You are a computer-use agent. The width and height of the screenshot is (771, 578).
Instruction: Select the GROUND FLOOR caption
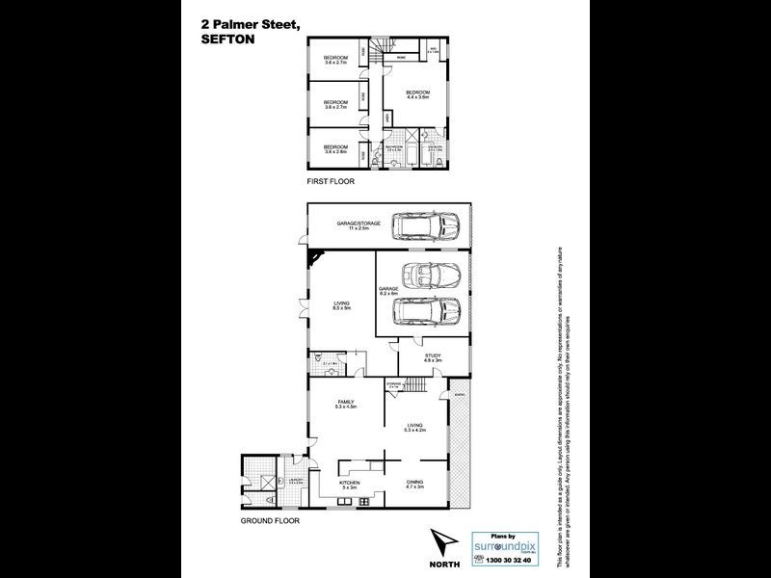[x=271, y=521]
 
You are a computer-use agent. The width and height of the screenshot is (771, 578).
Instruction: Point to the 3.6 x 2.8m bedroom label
[x=335, y=149]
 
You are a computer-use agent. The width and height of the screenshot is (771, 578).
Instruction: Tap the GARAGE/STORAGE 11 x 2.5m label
[x=359, y=225]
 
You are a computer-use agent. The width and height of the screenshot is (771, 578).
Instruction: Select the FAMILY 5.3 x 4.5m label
[x=346, y=405]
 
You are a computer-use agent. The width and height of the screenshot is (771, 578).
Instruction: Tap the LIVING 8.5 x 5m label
[x=340, y=305]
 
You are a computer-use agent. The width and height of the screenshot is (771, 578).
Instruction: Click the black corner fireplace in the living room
[x=316, y=258]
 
